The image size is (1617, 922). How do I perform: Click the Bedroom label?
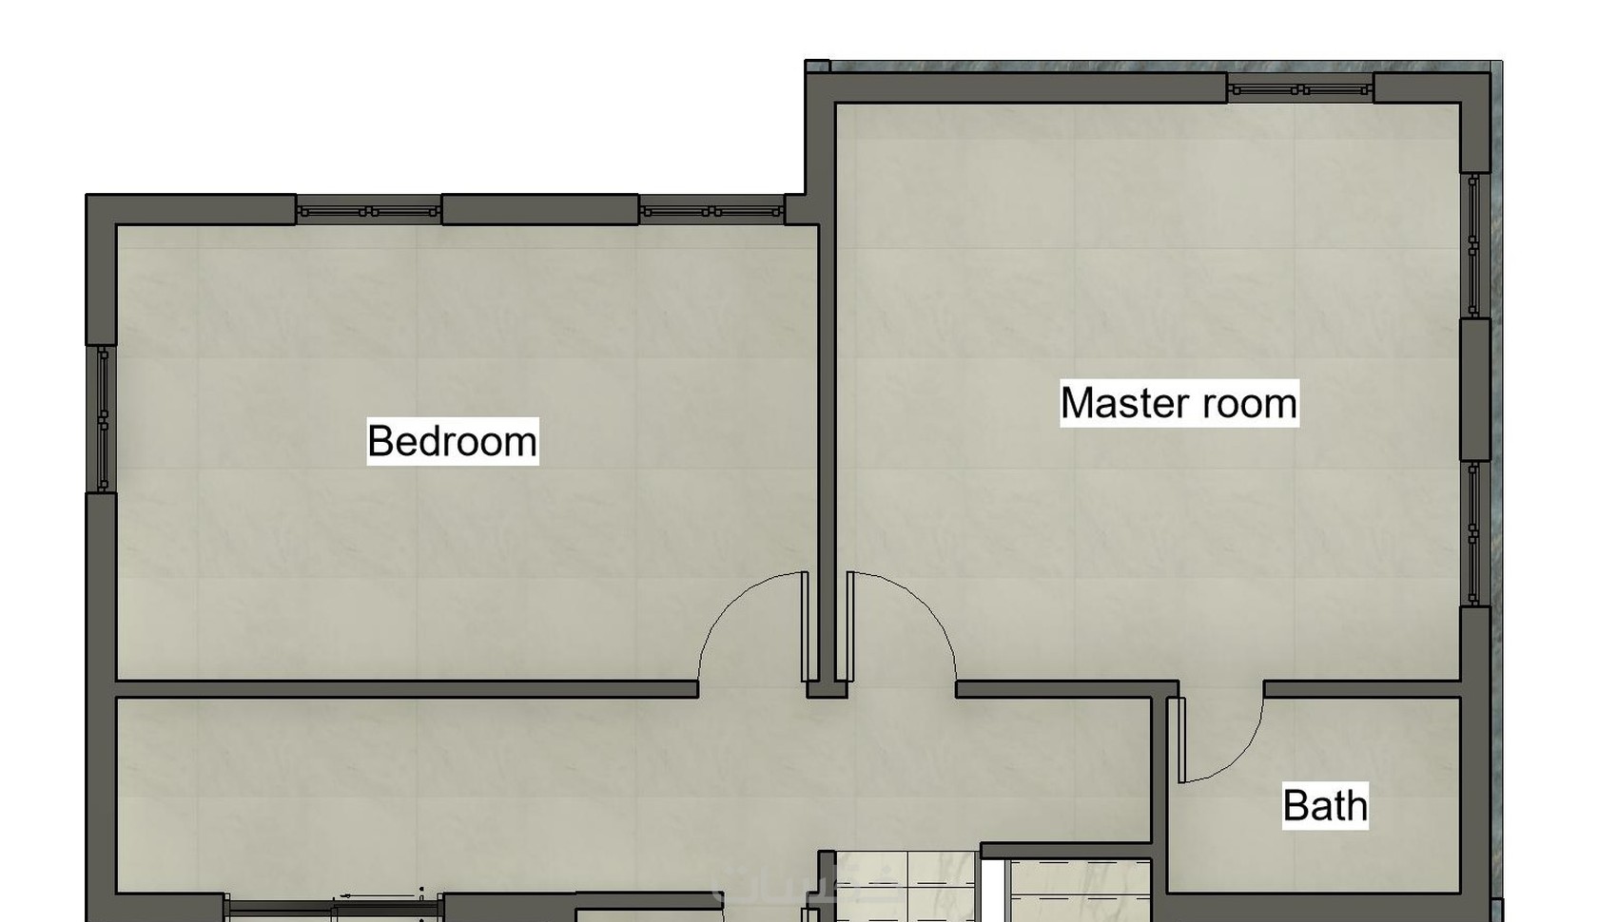click(x=453, y=441)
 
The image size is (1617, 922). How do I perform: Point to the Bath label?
click(x=1325, y=805)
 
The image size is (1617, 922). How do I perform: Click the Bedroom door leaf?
click(x=806, y=626)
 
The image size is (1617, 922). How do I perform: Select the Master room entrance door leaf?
click(x=850, y=626)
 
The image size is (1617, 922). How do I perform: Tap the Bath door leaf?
click(x=1181, y=740)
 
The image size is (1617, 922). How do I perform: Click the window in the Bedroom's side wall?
click(x=104, y=418)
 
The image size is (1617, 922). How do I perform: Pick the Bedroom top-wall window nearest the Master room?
click(x=711, y=212)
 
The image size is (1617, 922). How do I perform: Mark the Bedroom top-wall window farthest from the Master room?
click(x=369, y=212)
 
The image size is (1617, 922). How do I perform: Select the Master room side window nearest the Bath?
click(x=1473, y=534)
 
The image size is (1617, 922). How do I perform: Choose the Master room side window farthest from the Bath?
click(x=1473, y=245)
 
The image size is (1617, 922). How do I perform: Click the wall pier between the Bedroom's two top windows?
click(x=540, y=209)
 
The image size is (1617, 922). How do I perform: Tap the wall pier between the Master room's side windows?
click(x=1475, y=390)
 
